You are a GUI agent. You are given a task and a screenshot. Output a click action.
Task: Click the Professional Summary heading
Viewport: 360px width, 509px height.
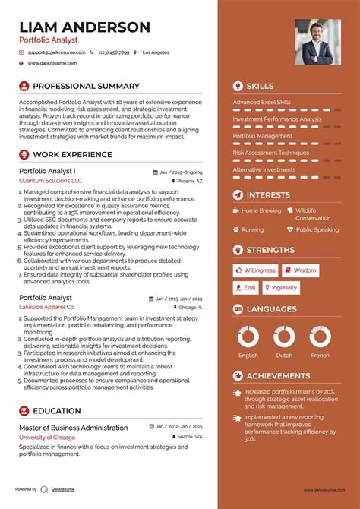point(86,86)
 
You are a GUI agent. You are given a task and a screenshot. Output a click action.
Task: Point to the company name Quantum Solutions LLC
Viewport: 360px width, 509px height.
point(50,182)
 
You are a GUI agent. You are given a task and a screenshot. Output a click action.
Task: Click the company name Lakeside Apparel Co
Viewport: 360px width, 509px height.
point(52,307)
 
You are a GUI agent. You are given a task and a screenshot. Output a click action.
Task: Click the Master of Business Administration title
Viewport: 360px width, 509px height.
point(73,427)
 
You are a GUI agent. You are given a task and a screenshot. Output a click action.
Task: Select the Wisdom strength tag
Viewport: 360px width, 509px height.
point(301,270)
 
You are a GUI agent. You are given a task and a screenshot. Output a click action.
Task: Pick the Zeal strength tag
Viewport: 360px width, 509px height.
point(245,288)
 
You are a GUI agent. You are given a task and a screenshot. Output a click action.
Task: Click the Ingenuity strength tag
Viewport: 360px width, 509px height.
point(280,288)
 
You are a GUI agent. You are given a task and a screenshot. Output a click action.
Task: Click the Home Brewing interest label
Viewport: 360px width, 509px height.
point(261,210)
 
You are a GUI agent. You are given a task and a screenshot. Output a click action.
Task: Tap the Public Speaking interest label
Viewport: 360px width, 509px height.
point(317,229)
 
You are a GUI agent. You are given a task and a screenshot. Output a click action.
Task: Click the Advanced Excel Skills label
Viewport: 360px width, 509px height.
point(261,102)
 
